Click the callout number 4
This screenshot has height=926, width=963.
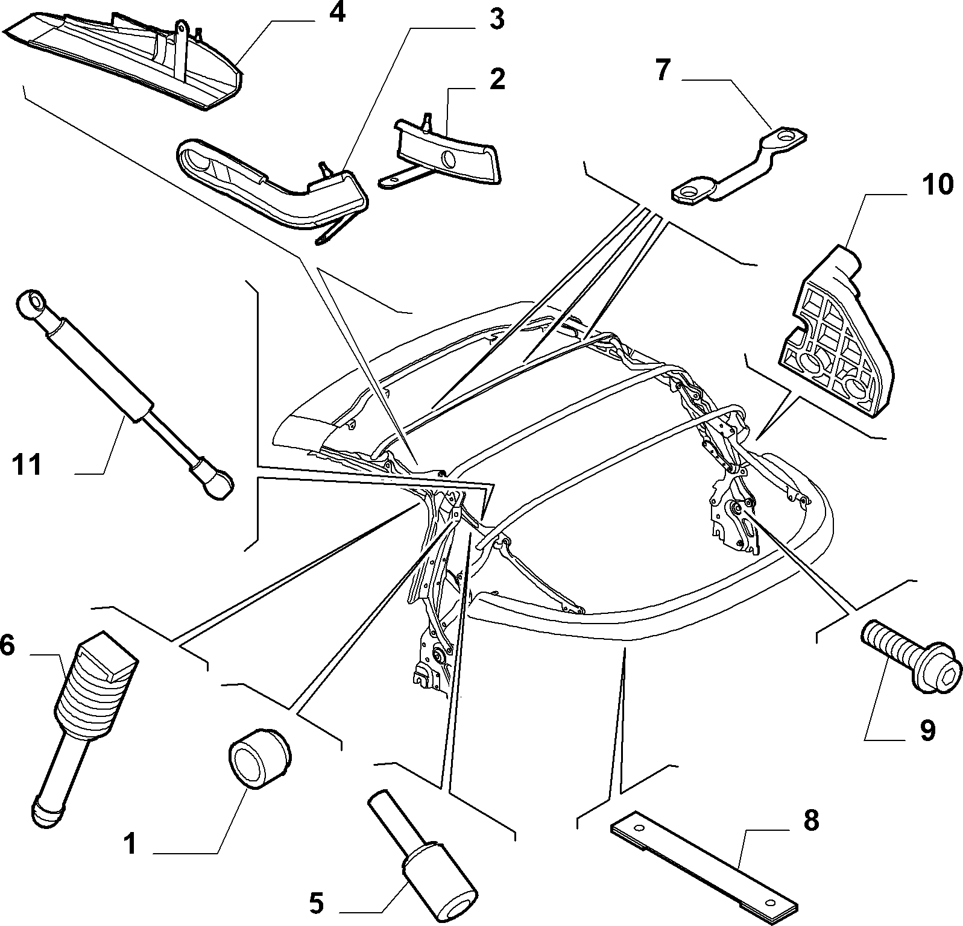pos(336,13)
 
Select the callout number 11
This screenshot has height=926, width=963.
pos(27,465)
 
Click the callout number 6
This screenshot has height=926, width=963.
pos(7,646)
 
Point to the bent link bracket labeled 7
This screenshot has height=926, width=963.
pos(738,166)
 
